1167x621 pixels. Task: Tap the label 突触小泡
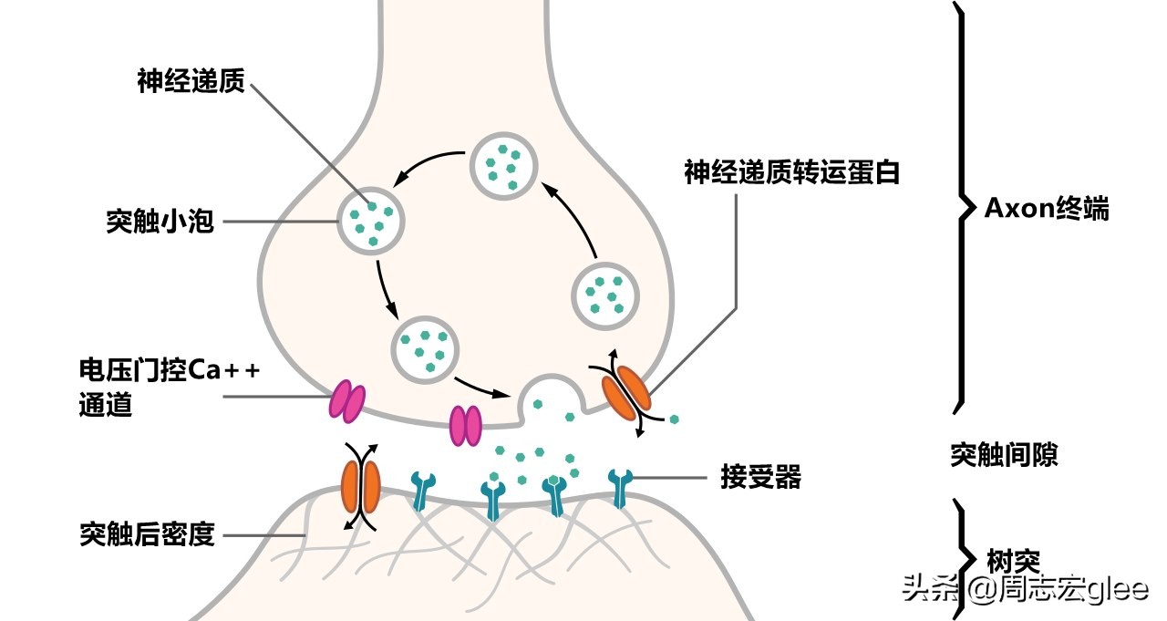160,222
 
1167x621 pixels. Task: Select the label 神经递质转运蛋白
791,171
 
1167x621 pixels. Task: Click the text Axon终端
1047,208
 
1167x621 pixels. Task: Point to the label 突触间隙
1004,454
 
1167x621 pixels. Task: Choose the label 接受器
759,477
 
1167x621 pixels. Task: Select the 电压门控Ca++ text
170,371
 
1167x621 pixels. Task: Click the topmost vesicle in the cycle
502,164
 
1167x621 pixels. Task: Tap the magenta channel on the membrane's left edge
346,402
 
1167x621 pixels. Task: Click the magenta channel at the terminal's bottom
465,426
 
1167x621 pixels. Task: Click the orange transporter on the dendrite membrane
360,487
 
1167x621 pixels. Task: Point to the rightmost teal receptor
621,487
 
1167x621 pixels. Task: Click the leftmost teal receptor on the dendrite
422,489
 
